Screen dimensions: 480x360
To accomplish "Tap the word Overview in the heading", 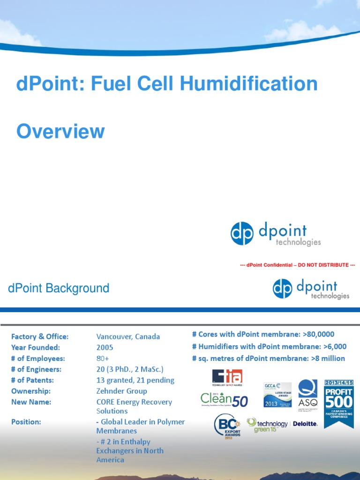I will [60, 131].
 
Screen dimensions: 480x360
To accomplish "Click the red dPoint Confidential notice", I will [297, 265].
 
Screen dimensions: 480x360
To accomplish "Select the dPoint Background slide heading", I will [59, 288].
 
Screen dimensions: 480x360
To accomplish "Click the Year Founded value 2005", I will [105, 347].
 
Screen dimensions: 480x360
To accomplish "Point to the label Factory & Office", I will [40, 337].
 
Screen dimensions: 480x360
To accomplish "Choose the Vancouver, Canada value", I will [128, 337].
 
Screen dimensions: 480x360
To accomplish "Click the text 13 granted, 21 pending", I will [135, 380].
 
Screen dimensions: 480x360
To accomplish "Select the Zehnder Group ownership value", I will [121, 391].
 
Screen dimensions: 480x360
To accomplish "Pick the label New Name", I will [31, 402].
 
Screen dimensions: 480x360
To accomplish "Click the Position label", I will [26, 421].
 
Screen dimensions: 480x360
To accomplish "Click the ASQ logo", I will [307, 393].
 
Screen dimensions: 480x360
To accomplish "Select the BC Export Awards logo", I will [228, 426].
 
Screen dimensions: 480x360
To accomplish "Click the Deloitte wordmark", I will [305, 424].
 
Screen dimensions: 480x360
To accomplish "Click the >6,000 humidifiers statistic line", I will [269, 346].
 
